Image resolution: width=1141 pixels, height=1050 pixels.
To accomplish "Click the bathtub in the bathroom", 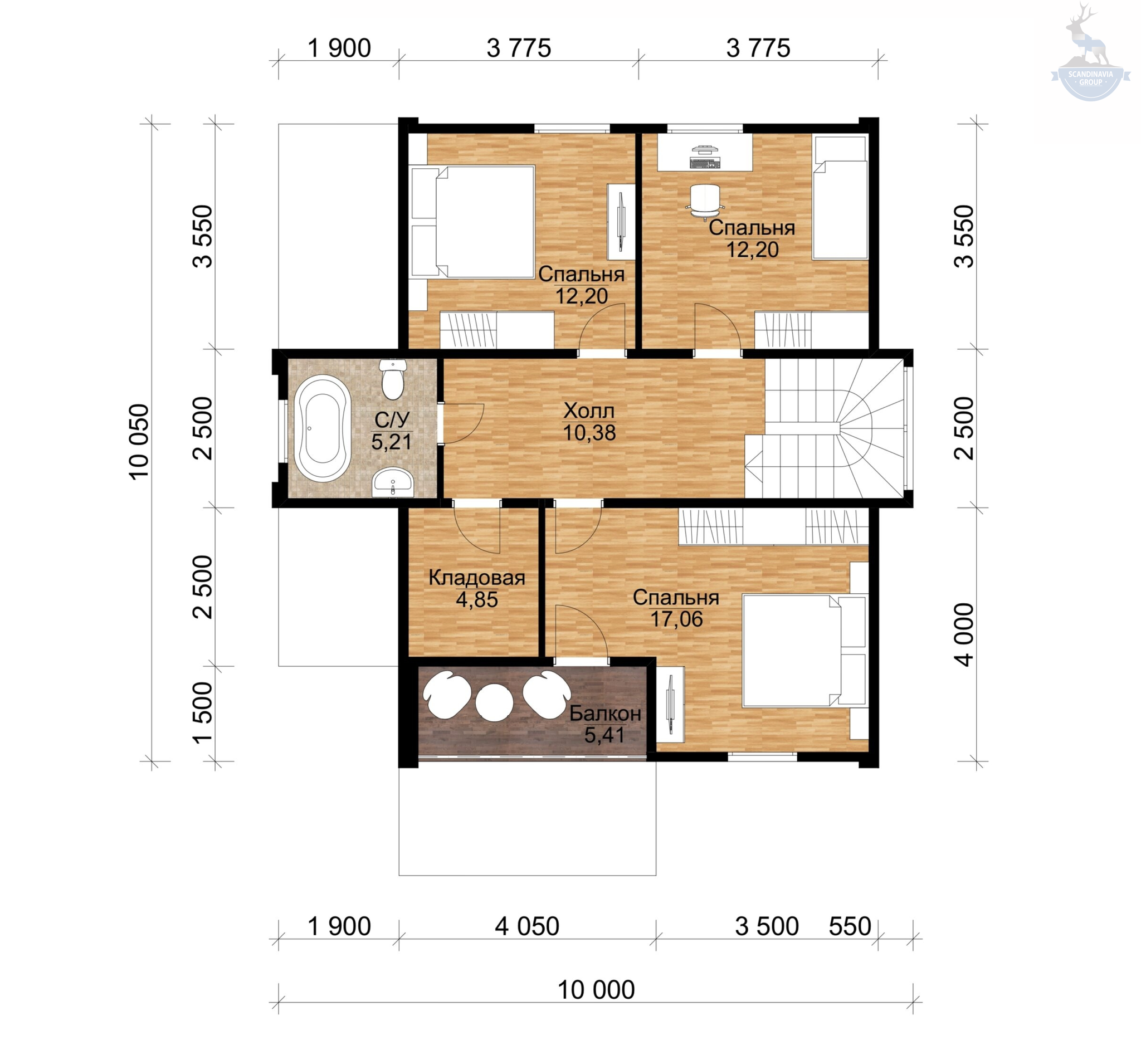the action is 321,428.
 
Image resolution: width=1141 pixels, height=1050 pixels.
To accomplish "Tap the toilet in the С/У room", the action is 393,379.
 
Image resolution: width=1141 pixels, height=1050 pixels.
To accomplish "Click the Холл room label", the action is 589,410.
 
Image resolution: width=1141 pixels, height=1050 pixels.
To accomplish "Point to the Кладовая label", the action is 477,577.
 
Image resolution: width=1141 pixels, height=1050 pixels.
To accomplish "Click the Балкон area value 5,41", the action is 604,735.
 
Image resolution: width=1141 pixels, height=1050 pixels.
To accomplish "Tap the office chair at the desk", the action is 705,201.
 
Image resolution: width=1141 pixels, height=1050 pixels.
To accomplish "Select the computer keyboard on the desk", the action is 705,163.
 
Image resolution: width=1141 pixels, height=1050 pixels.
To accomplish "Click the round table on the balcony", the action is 494,702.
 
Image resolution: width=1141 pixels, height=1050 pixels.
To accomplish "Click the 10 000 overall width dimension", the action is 596,990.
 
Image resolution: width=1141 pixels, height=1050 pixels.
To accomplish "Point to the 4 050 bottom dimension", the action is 526,926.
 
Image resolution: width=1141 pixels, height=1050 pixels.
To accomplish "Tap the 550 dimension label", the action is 850,926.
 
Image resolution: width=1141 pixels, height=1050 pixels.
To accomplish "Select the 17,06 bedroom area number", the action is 676,619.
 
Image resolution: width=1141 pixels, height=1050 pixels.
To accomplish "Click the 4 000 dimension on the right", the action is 964,634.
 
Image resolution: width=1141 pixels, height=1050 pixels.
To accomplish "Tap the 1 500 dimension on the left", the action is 203,712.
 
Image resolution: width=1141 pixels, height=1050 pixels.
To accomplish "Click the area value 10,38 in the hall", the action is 589,433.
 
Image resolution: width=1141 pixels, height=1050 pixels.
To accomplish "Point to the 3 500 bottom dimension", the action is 767,926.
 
